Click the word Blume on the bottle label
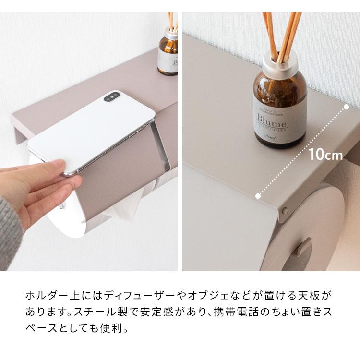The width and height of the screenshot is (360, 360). pyautogui.click(x=272, y=118)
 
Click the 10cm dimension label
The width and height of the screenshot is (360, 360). pyautogui.click(x=325, y=155)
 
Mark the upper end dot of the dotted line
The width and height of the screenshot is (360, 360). pyautogui.click(x=346, y=108)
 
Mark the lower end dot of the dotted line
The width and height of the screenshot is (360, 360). pyautogui.click(x=258, y=196)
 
